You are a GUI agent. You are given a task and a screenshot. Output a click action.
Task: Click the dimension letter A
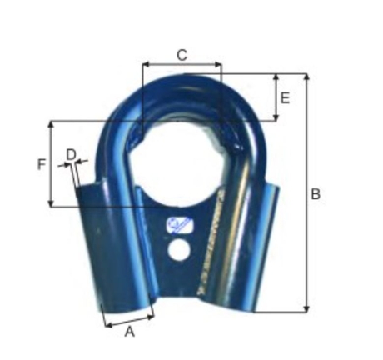point(129,332)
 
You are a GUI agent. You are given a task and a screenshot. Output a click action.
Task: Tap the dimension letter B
point(316,193)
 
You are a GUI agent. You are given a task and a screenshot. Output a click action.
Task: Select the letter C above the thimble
point(182,55)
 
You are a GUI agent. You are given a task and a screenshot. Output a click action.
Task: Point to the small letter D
point(71,153)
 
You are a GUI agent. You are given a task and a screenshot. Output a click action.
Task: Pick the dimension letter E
point(285,98)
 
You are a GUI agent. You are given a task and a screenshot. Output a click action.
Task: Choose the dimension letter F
point(41,164)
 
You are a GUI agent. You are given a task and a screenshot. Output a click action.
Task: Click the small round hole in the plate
point(178,250)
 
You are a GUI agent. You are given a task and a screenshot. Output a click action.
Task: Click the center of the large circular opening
point(182,158)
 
